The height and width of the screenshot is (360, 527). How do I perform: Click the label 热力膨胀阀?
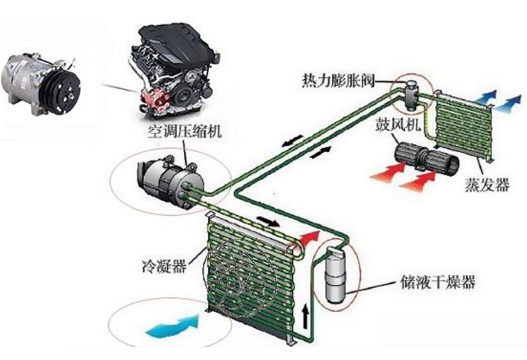tap(338, 81)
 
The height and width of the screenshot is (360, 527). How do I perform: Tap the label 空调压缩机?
tap(185, 131)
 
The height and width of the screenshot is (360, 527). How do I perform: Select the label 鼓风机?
tap(398, 124)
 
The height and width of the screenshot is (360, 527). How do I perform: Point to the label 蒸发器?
tap(487, 184)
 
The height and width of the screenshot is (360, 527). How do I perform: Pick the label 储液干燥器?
tap(438, 282)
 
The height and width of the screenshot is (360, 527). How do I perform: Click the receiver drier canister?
tap(335, 274)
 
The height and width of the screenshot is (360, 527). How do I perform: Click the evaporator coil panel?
tap(464, 124)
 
